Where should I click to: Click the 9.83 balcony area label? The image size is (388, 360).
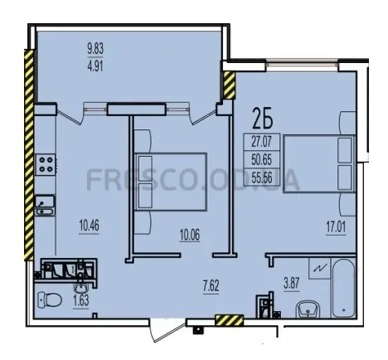coord(95,50)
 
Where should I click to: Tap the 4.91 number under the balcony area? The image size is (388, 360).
coord(95,66)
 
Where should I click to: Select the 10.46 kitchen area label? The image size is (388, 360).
coord(89,226)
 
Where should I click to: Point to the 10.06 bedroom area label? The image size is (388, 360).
coord(190,236)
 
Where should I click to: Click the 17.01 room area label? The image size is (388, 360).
coord(336,229)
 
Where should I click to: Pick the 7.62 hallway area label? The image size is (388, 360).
coord(211,286)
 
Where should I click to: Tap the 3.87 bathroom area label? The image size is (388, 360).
coord(291,284)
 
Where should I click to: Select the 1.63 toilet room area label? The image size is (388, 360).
coord(81,300)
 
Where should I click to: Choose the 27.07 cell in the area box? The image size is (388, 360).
coord(261,142)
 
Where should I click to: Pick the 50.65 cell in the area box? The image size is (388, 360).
coord(261,159)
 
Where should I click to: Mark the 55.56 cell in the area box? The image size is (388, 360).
coord(261,177)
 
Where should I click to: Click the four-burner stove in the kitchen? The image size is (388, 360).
coord(46,164)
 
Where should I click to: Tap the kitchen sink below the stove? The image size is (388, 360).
coord(45,205)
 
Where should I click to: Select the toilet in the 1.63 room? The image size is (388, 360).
coord(49,300)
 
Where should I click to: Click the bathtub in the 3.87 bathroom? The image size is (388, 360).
coord(343,288)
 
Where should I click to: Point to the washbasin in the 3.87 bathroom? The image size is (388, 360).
coord(308,309)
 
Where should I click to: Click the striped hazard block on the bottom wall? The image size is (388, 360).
coord(229,320)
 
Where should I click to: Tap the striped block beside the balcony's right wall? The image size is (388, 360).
coord(229,85)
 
